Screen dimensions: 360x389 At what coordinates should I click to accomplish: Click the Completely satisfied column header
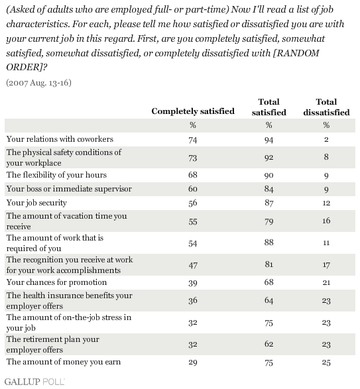(x=193, y=111)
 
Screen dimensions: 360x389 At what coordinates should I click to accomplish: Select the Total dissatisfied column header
(x=326, y=107)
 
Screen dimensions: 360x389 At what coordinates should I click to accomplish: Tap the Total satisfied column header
(x=269, y=107)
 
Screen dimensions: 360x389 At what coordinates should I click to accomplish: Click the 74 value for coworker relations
(x=193, y=140)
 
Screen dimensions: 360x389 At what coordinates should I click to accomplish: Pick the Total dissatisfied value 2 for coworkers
(x=326, y=139)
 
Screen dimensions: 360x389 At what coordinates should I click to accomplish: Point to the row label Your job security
(x=36, y=203)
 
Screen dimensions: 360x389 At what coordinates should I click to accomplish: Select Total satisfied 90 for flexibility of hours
(x=269, y=176)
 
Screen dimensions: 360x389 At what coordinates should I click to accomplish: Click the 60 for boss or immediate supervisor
(x=193, y=189)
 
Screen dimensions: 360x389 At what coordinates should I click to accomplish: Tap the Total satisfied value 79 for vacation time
(x=269, y=221)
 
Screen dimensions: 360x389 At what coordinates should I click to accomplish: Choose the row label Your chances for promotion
(x=56, y=282)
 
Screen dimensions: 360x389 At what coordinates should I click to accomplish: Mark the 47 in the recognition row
(x=193, y=265)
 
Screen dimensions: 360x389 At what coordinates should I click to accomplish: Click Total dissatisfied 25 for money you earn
(x=326, y=362)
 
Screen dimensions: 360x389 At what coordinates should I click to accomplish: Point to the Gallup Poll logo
(x=34, y=382)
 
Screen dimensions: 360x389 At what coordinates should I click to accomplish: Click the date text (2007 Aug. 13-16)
(x=38, y=83)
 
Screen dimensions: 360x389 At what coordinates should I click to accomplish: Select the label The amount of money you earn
(x=64, y=362)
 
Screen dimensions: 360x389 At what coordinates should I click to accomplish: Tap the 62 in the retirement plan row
(x=269, y=344)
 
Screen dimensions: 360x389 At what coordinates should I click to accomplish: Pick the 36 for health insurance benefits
(x=193, y=300)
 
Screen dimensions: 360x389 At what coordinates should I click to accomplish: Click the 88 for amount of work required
(x=269, y=242)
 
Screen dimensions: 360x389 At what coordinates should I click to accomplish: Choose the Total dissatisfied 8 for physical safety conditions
(x=326, y=157)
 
